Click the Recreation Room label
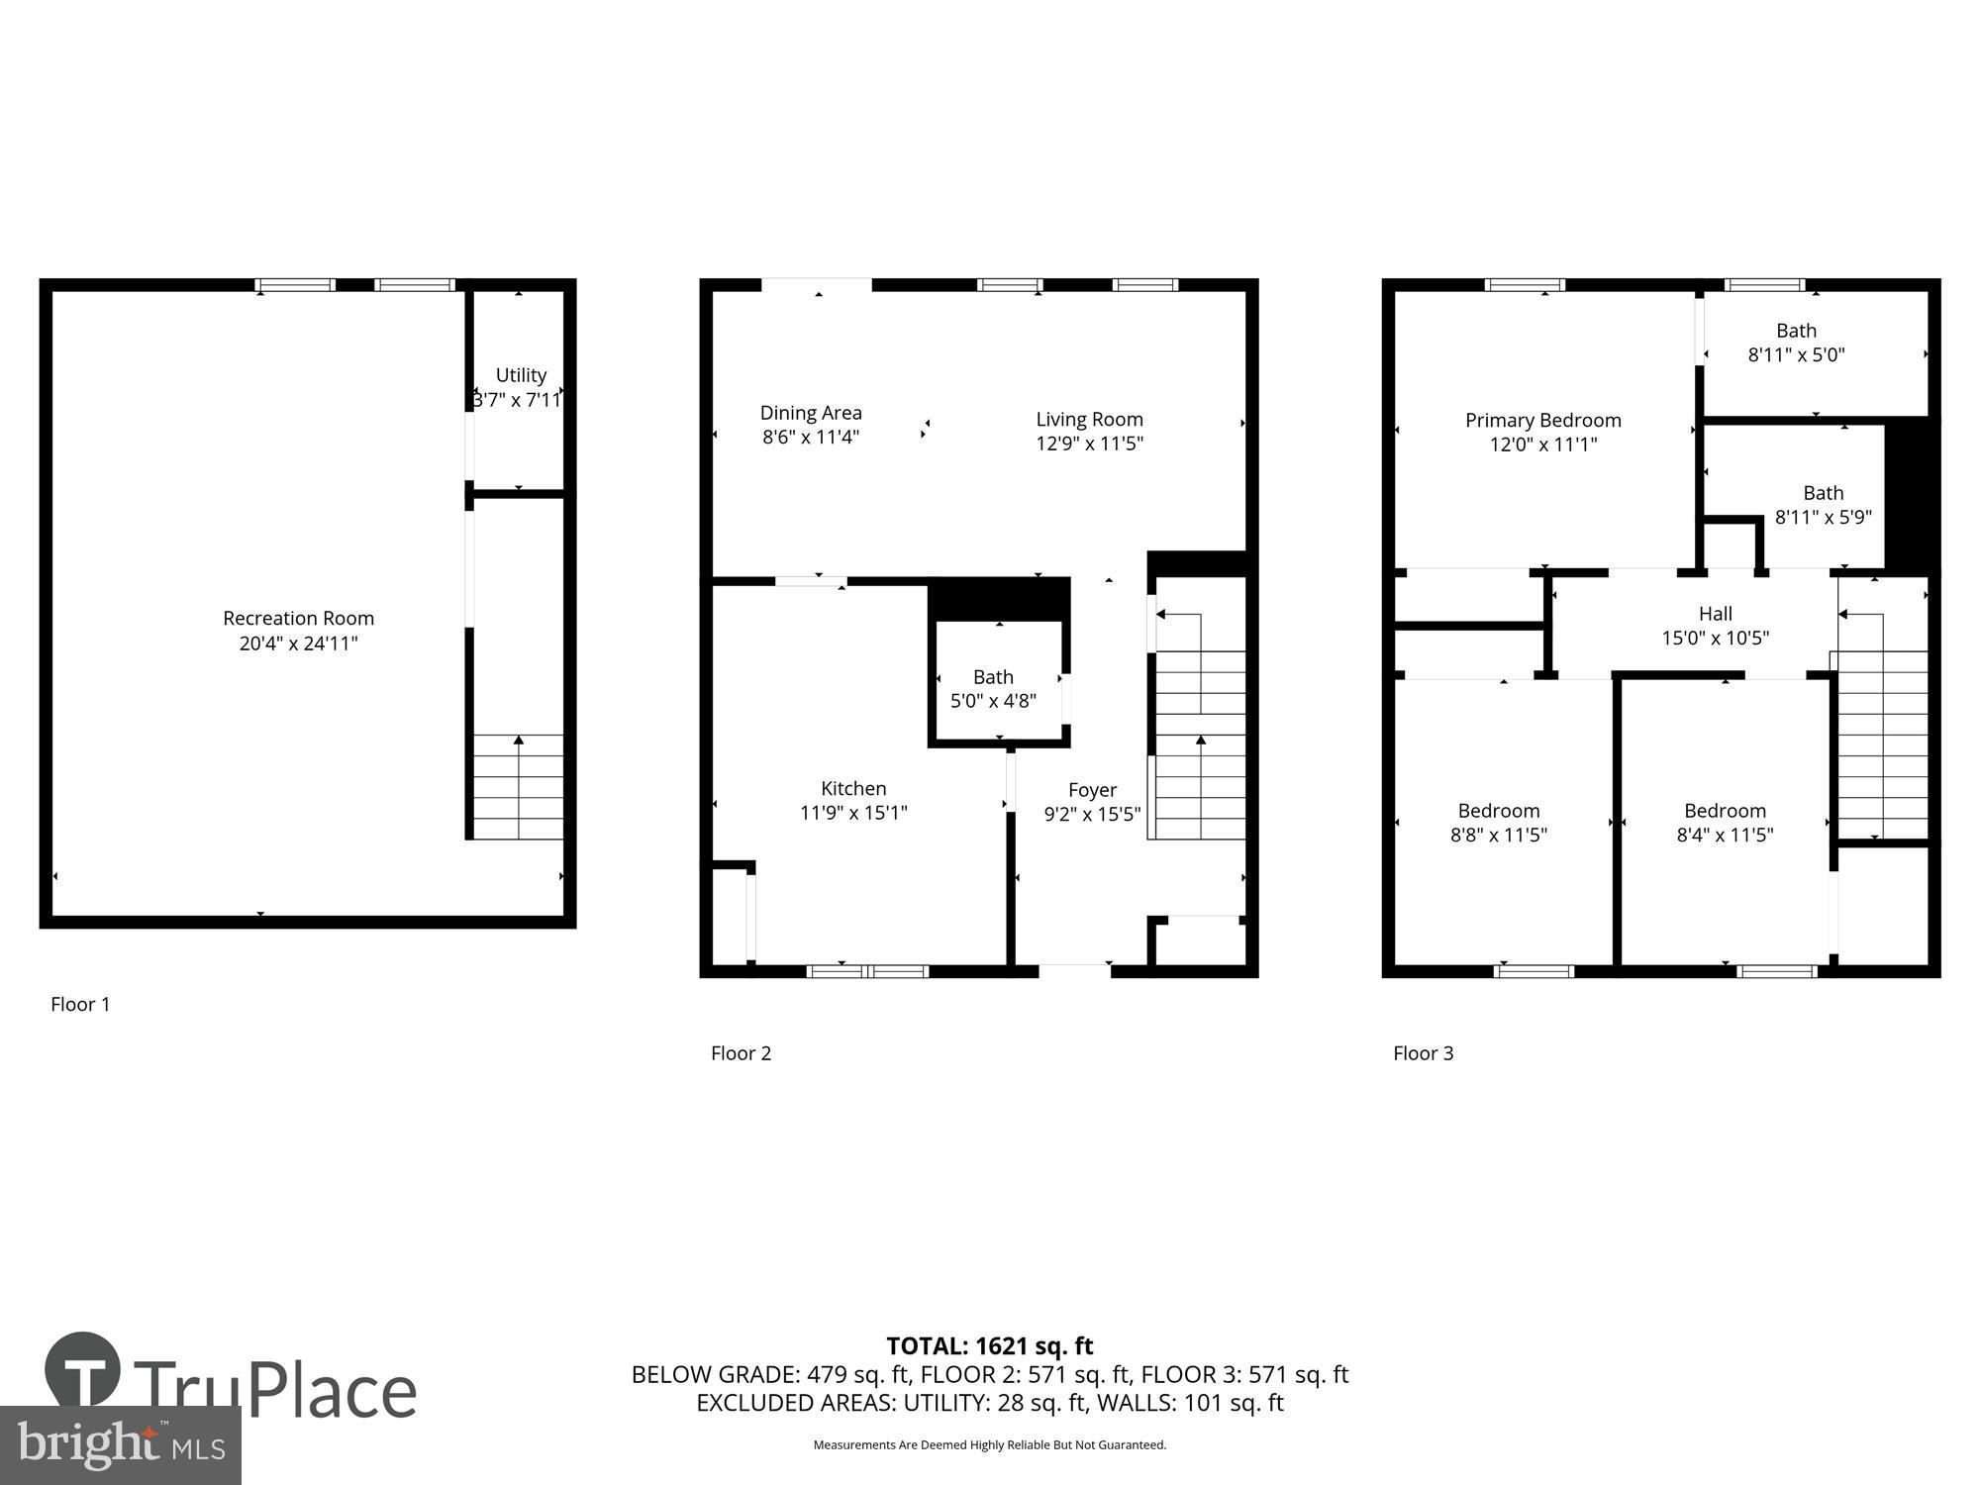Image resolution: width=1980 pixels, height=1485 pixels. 298,619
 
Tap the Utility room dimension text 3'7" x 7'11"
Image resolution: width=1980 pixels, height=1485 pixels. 518,400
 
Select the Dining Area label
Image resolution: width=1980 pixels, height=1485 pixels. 811,413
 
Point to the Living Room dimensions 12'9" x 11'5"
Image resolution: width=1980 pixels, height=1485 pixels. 1089,444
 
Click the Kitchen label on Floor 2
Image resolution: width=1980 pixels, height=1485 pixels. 853,788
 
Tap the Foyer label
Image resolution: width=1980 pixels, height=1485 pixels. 1092,790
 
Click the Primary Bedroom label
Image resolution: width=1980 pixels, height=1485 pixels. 1542,420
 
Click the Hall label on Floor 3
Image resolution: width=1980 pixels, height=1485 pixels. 1715,614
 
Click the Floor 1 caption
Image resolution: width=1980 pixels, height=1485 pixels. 80,1004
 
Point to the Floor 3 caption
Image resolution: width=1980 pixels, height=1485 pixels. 1423,1053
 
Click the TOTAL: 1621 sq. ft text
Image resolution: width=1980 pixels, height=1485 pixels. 989,1345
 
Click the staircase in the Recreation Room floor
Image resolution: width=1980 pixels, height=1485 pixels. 518,787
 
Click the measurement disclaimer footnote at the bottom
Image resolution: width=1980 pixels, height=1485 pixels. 989,1445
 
